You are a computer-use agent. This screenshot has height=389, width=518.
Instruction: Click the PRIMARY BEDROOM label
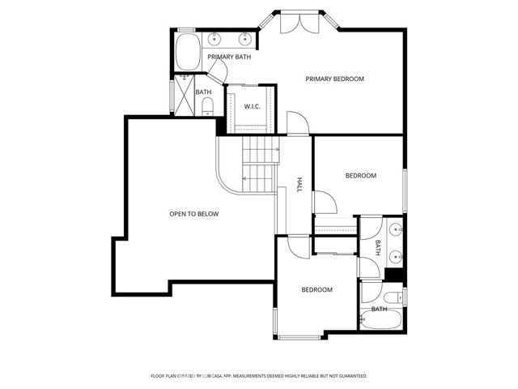334,79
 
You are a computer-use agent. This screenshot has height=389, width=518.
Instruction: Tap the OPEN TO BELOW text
194,214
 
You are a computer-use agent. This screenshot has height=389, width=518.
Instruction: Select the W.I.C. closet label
252,106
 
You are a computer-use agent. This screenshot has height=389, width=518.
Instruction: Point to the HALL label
299,185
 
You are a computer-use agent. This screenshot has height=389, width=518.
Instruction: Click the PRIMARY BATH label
229,57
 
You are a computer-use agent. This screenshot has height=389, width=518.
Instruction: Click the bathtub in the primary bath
188,52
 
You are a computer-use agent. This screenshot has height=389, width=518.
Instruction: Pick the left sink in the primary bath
214,39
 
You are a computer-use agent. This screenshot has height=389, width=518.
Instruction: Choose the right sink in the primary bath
244,39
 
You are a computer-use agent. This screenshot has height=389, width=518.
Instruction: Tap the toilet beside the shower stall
207,106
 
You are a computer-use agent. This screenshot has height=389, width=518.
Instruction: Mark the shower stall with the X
184,96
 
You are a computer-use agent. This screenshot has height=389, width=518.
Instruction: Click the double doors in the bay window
300,24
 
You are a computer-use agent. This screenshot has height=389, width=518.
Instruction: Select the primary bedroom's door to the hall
298,123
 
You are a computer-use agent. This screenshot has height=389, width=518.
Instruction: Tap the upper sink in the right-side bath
396,229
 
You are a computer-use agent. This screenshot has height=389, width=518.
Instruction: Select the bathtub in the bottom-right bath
380,319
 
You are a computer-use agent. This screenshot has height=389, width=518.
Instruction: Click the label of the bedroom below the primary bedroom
361,176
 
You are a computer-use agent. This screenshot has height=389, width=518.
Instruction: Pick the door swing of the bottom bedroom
299,247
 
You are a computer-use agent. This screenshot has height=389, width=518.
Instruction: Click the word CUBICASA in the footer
212,376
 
